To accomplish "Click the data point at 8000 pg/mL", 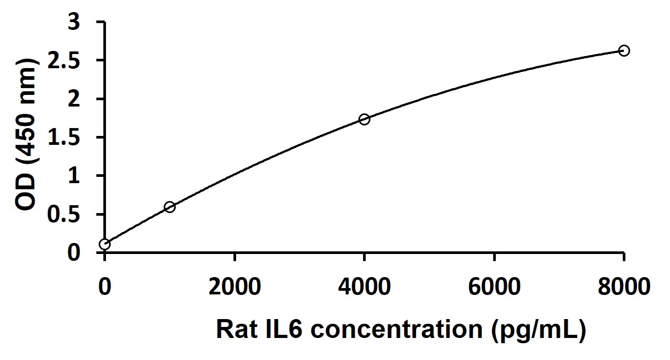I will [x=624, y=50].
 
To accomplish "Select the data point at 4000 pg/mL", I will [x=364, y=119].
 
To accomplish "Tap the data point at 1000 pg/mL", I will [x=169, y=207].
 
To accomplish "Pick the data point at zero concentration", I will [x=105, y=244].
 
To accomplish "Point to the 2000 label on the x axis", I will [x=235, y=287].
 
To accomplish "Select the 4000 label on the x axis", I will [x=364, y=287].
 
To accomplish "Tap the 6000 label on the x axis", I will [x=494, y=287].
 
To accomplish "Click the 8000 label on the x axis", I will [x=623, y=287].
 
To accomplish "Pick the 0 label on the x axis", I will [x=105, y=287].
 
